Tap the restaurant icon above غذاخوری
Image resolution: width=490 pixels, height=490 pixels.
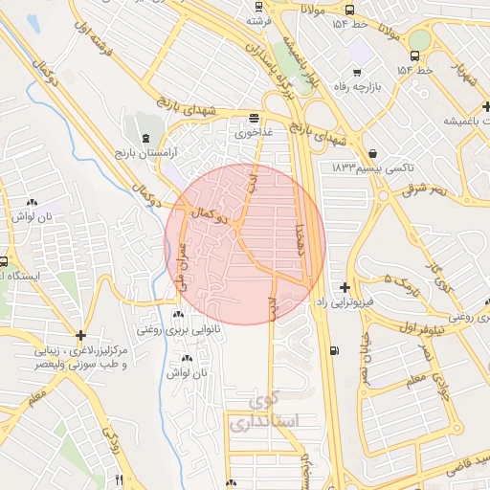click(x=254, y=119)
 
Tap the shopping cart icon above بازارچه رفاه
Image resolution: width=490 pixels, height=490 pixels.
click(x=357, y=73)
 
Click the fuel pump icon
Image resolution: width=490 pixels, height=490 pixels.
click(x=332, y=350)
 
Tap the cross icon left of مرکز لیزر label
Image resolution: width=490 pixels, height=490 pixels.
click(x=82, y=335)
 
